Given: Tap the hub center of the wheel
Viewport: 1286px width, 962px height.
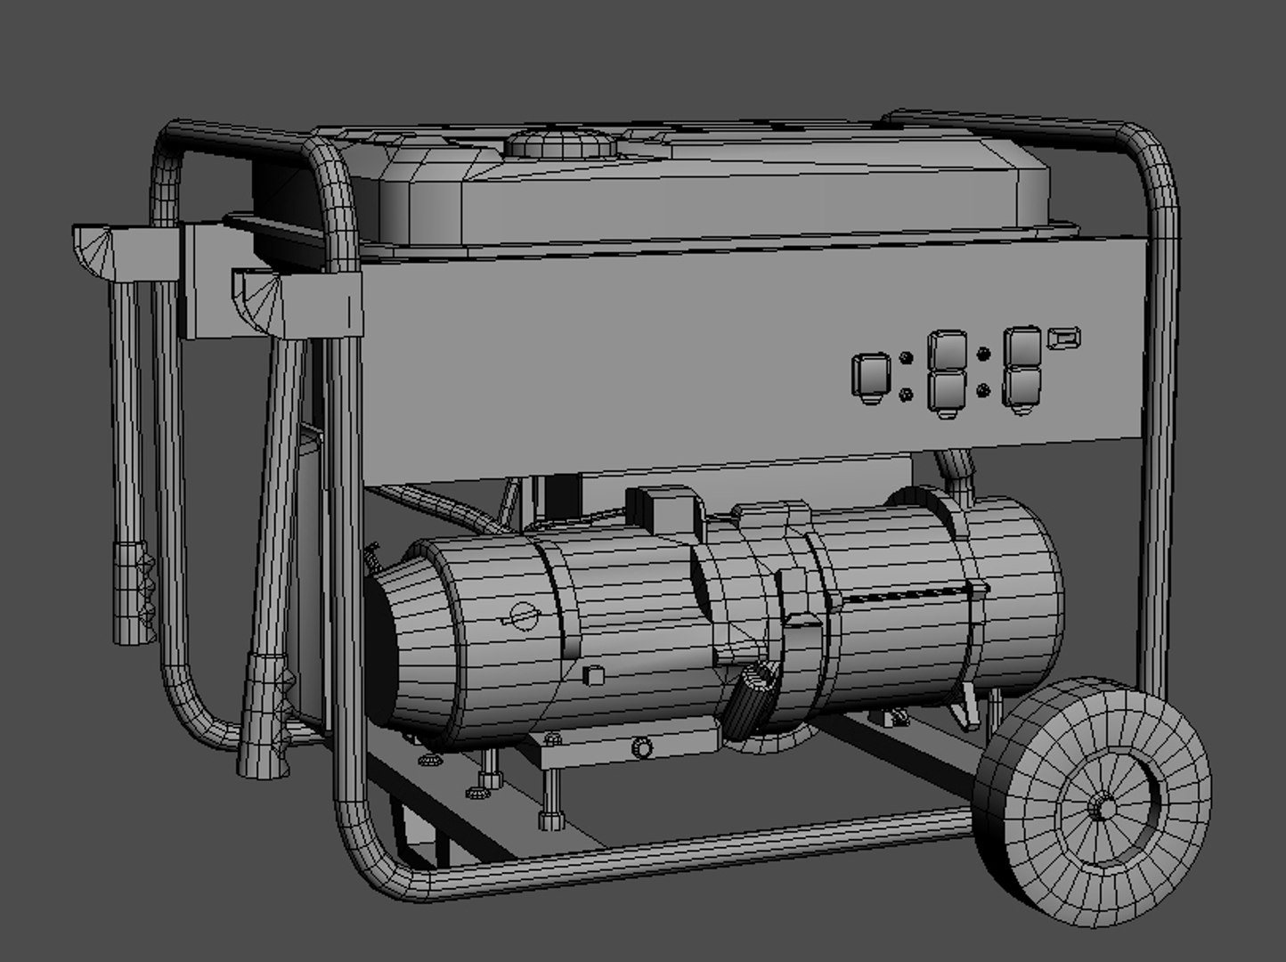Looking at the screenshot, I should tap(1103, 807).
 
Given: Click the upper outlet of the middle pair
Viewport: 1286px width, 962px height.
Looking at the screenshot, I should tap(948, 351).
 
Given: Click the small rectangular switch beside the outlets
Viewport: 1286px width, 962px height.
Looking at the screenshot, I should tap(1065, 338).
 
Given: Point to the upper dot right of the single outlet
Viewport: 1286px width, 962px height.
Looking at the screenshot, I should tap(906, 359).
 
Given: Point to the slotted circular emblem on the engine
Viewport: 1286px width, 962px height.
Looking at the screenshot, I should tap(519, 616).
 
